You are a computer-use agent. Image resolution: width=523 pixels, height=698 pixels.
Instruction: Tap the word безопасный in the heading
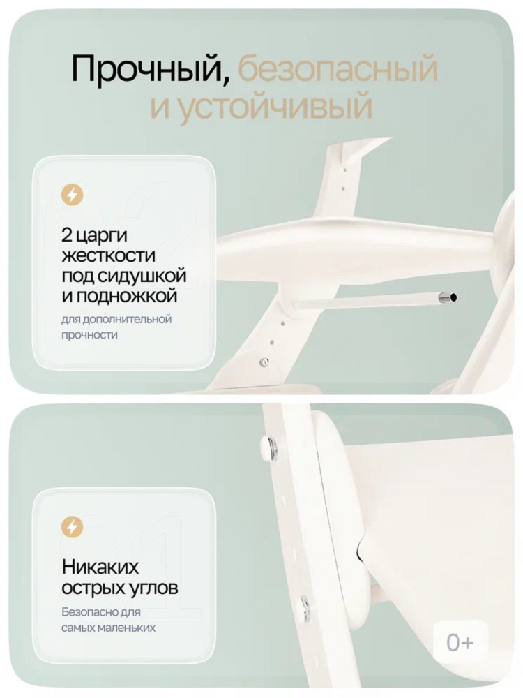pyautogui.click(x=338, y=71)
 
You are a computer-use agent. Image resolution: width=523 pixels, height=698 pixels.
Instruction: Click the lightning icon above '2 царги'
pyautogui.click(x=73, y=195)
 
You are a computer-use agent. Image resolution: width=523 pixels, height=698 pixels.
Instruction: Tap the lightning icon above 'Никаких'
pyautogui.click(x=73, y=526)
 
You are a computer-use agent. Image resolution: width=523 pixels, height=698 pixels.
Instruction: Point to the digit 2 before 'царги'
pyautogui.click(x=66, y=234)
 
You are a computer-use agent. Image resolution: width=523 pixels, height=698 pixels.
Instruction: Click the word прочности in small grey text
pyautogui.click(x=89, y=335)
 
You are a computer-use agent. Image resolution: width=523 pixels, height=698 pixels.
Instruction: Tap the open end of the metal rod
pyautogui.click(x=453, y=298)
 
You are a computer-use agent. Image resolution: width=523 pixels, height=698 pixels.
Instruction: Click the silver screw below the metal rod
pyautogui.click(x=264, y=362)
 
